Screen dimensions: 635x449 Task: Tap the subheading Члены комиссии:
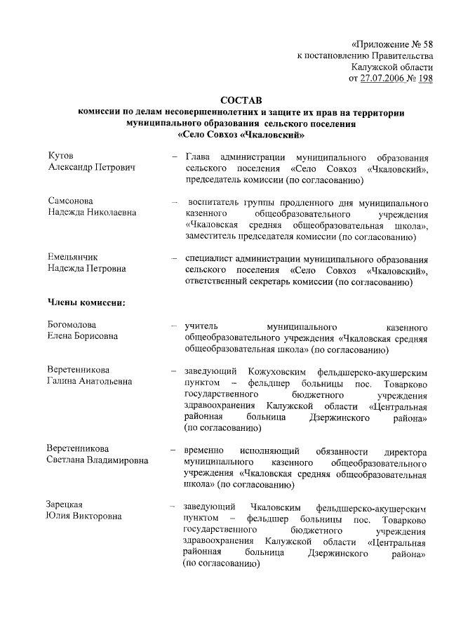pos(86,303)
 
